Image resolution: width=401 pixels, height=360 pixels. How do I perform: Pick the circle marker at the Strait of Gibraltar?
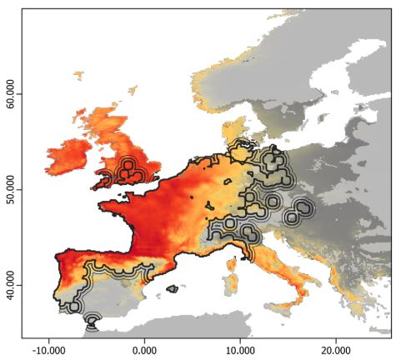point(92,320)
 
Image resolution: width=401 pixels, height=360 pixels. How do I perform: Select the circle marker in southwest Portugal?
point(73,307)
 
